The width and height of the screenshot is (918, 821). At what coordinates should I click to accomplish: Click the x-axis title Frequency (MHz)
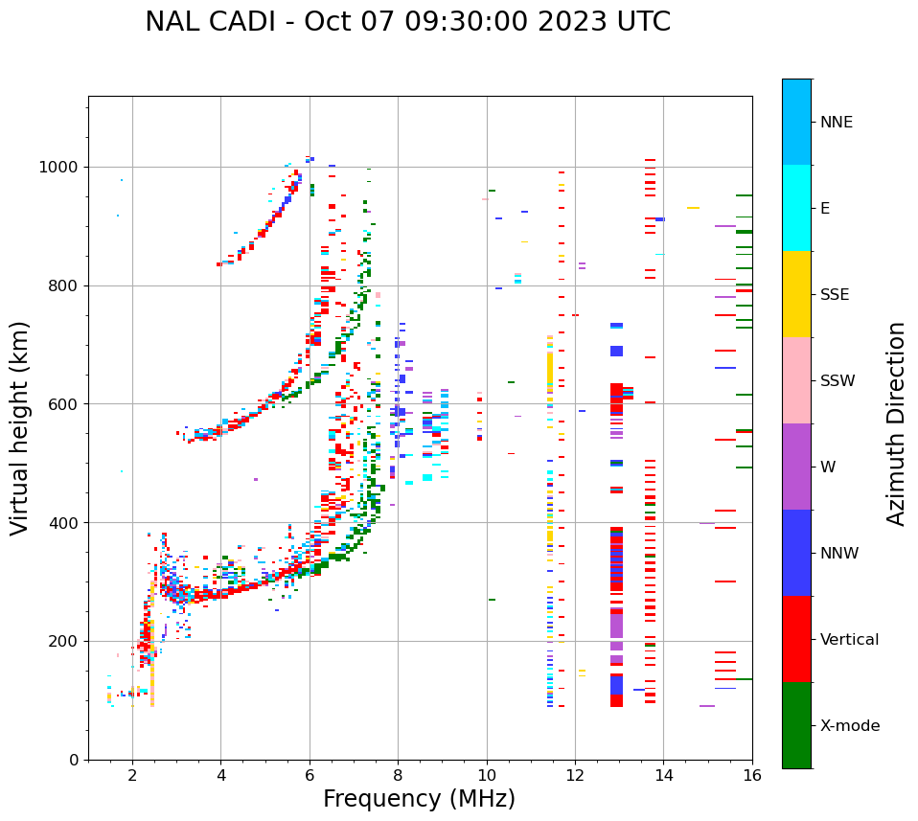click(419, 799)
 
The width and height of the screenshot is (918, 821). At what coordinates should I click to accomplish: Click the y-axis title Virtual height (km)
click(20, 427)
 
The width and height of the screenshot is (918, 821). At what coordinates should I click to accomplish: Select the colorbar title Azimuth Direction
click(896, 422)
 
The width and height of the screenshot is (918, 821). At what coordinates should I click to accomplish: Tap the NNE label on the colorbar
click(836, 123)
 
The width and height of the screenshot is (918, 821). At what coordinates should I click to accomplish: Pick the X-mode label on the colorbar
click(849, 726)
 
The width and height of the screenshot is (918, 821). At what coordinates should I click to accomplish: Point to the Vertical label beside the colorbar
click(849, 640)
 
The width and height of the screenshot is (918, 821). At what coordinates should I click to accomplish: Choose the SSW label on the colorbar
click(838, 381)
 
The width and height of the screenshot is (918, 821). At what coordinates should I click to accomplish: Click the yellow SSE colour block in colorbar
click(796, 294)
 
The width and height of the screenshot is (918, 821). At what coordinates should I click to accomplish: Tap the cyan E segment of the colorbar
click(796, 208)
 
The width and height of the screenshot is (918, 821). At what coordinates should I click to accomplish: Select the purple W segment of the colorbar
click(796, 467)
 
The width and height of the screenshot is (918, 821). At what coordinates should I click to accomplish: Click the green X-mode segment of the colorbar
click(796, 725)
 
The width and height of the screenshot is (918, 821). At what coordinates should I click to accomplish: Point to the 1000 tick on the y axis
click(59, 168)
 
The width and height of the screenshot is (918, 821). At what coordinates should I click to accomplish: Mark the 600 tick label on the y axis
click(64, 404)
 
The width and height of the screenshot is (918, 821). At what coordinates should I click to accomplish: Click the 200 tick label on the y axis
click(64, 641)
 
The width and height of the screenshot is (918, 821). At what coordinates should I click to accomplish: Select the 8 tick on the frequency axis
click(398, 775)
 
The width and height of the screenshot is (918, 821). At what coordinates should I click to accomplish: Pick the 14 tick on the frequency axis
click(663, 775)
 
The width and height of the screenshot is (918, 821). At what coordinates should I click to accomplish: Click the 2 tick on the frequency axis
click(132, 775)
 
